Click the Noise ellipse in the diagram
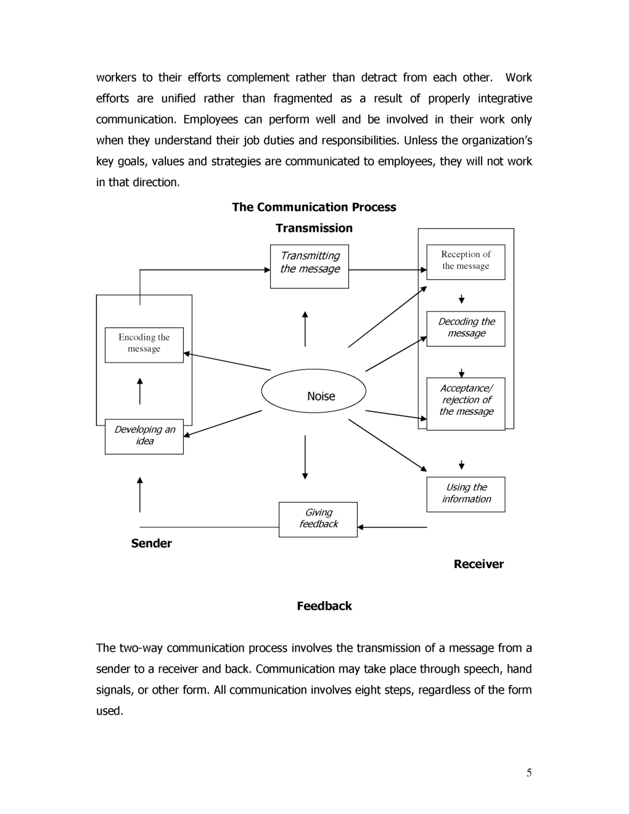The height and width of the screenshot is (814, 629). (313, 391)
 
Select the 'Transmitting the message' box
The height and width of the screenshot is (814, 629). (310, 266)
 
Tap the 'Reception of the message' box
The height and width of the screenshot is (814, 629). (466, 262)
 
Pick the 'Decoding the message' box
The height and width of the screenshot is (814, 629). (466, 329)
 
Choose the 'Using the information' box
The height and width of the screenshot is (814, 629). (466, 494)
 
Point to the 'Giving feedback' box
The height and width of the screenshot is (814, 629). (318, 519)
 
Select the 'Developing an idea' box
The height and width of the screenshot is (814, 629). (144, 437)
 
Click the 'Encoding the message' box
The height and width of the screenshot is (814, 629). (144, 345)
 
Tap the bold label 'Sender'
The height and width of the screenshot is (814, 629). (151, 543)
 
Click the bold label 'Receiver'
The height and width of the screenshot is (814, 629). (479, 564)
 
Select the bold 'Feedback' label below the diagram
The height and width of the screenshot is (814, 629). (324, 606)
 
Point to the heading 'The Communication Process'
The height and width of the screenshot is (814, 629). (314, 207)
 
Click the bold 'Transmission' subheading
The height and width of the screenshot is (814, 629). (314, 228)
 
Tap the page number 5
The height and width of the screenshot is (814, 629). (529, 773)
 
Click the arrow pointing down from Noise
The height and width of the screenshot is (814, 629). (305, 457)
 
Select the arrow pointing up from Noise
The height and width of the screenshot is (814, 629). (305, 329)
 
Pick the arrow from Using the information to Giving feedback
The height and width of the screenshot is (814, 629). (392, 527)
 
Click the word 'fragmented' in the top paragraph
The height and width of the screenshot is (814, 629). (303, 99)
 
